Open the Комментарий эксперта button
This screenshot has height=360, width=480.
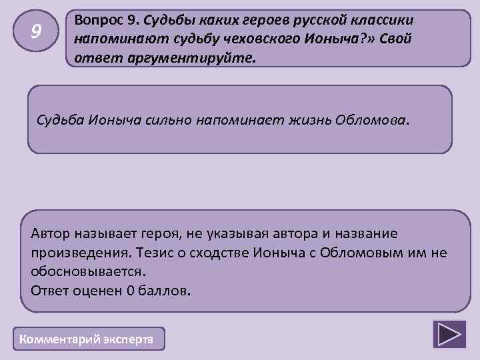tap(87, 339)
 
